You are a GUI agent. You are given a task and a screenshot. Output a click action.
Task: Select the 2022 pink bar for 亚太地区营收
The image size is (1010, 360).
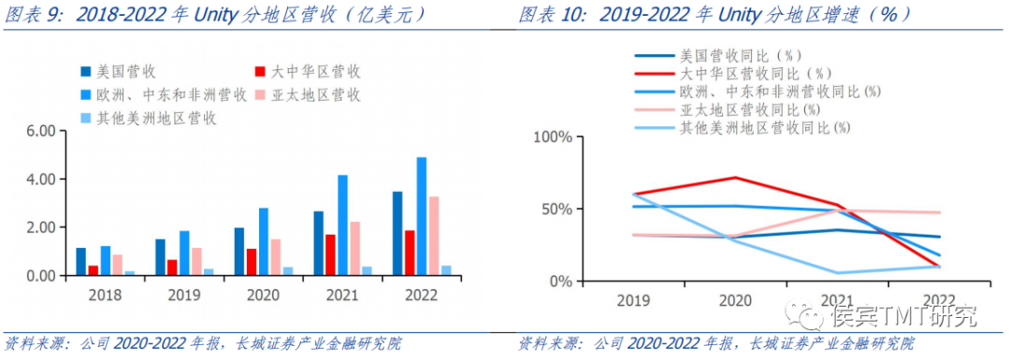(434, 237)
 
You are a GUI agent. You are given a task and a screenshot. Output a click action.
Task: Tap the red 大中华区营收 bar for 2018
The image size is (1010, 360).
(94, 270)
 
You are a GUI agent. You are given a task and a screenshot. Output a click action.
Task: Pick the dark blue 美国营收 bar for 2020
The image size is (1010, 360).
(238, 252)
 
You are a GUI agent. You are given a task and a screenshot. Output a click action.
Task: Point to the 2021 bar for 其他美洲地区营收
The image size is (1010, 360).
(368, 271)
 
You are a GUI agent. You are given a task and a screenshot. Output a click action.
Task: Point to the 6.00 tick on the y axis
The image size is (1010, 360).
(44, 131)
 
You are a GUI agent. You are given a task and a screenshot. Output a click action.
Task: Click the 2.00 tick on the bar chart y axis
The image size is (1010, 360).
(44, 228)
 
